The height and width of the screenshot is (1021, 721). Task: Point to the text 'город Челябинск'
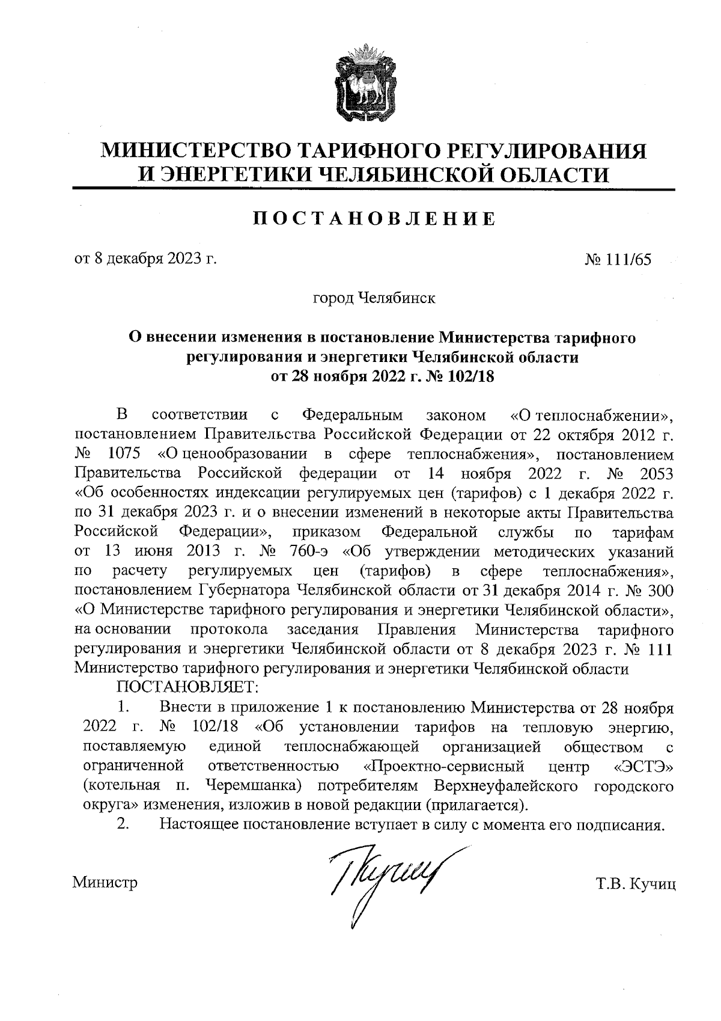374,298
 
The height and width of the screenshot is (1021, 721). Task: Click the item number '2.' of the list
123,824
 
